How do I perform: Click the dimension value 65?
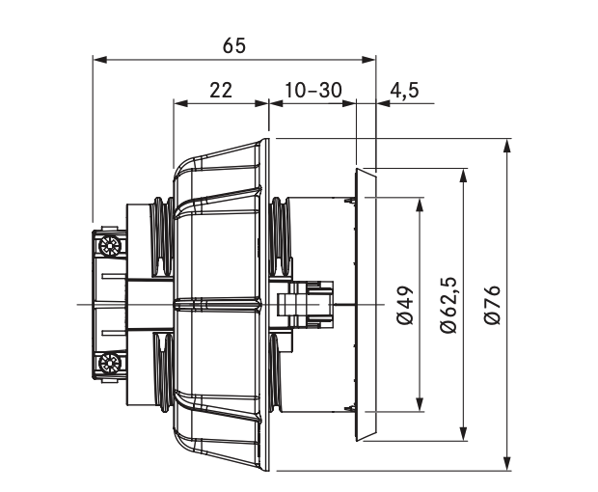(x=234, y=45)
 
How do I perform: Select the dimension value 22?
(x=221, y=91)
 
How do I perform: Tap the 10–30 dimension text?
(x=313, y=91)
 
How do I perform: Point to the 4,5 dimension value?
(x=404, y=91)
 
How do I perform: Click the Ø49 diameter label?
(x=405, y=305)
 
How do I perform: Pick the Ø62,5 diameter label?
(x=448, y=305)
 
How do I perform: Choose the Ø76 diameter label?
(x=492, y=305)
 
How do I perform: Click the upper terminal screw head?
(x=110, y=246)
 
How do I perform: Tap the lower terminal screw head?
(x=110, y=363)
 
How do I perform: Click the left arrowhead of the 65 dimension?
(x=100, y=60)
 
